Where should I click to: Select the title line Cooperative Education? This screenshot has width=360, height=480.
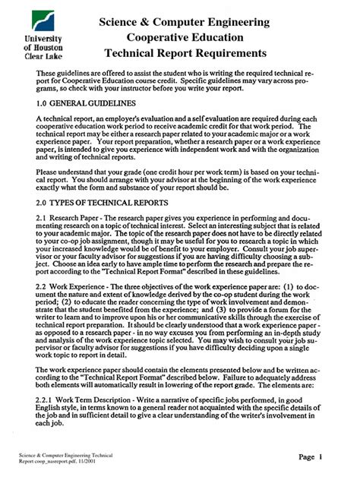pyautogui.click(x=185, y=37)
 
